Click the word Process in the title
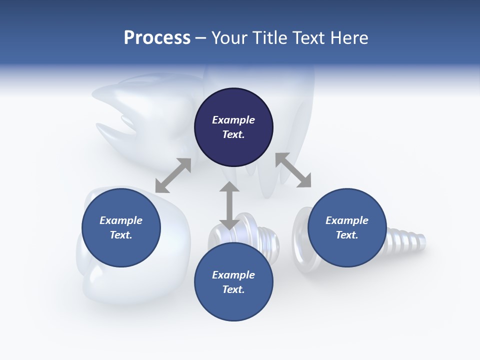(x=157, y=38)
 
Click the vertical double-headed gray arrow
(x=229, y=205)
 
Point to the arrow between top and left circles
(x=173, y=175)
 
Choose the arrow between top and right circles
(x=293, y=170)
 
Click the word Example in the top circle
(x=233, y=120)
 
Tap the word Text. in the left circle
(x=121, y=235)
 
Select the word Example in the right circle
(x=347, y=220)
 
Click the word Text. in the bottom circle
(x=233, y=289)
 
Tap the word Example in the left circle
(x=121, y=220)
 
